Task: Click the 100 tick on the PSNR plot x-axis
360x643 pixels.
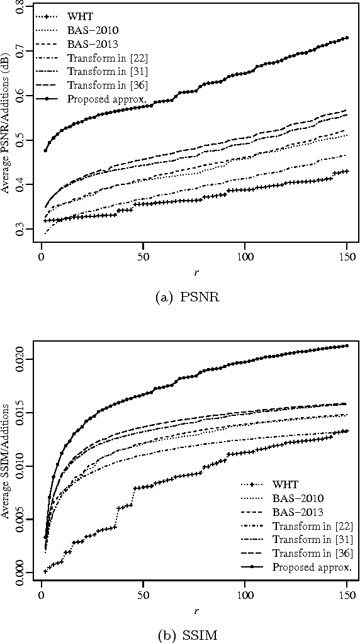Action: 245,259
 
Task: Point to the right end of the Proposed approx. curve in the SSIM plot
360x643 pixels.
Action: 346,345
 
